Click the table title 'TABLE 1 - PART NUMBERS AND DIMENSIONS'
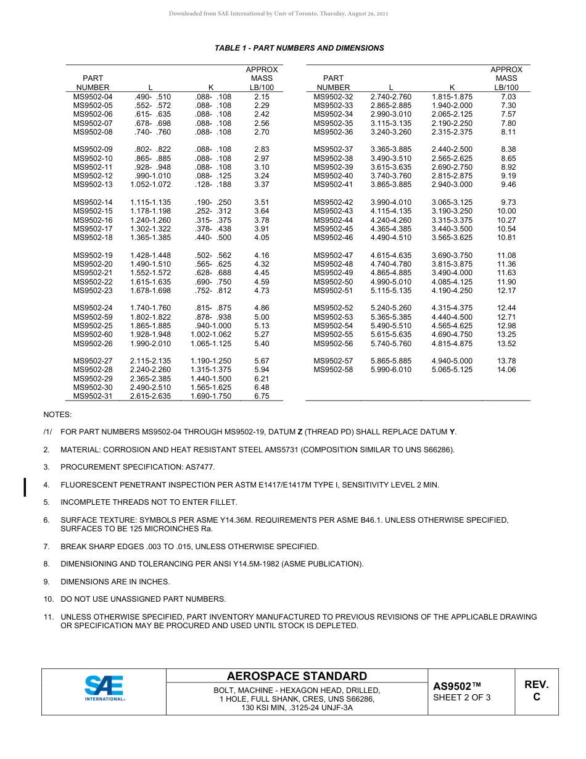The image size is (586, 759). click(x=299, y=48)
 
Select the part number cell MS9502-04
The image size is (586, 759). click(x=93, y=97)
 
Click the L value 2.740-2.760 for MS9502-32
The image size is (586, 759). click(x=390, y=97)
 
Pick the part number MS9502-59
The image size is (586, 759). click(x=93, y=317)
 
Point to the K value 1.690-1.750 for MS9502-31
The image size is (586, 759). click(x=211, y=396)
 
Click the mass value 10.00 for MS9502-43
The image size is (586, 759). click(x=506, y=211)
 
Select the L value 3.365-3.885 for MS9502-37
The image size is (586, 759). click(x=390, y=149)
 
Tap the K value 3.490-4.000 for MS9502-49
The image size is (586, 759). click(x=452, y=273)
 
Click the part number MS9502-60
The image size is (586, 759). click(x=93, y=334)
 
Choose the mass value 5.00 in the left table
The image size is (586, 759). click(x=262, y=317)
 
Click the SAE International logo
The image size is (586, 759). click(x=105, y=689)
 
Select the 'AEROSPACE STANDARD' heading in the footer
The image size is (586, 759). click(x=297, y=676)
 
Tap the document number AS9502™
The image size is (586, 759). click(x=456, y=686)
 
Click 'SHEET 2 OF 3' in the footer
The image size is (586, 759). click(x=462, y=698)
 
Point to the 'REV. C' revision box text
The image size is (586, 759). click(x=536, y=691)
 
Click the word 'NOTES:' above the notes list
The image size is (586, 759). click(x=57, y=415)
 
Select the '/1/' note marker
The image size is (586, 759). click(x=47, y=432)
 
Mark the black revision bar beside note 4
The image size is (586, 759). click(x=25, y=487)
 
